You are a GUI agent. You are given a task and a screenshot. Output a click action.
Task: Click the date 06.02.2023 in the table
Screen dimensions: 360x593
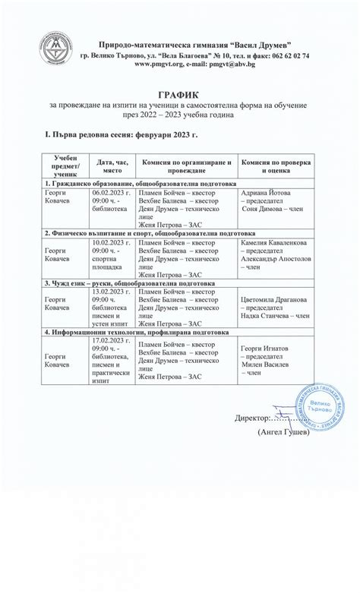tap(111, 193)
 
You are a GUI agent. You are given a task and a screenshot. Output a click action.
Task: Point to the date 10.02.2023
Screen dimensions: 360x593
tap(111, 241)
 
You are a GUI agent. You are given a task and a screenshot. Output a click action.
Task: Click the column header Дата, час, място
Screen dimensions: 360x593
tap(112, 167)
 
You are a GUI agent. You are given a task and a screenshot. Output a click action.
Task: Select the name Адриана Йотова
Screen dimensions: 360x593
tap(265, 193)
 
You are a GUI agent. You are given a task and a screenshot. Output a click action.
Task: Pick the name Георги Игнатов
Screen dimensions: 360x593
tap(266, 349)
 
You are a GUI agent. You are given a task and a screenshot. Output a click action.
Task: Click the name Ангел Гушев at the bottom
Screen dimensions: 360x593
tap(284, 432)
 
